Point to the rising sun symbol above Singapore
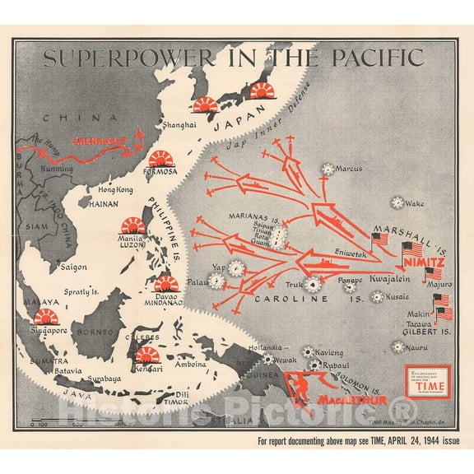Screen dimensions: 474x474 click(x=46, y=317)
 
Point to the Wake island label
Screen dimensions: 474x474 click(x=415, y=203)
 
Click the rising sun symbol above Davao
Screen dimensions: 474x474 click(x=166, y=285)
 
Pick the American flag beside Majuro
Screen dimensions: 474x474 click(x=442, y=301)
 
